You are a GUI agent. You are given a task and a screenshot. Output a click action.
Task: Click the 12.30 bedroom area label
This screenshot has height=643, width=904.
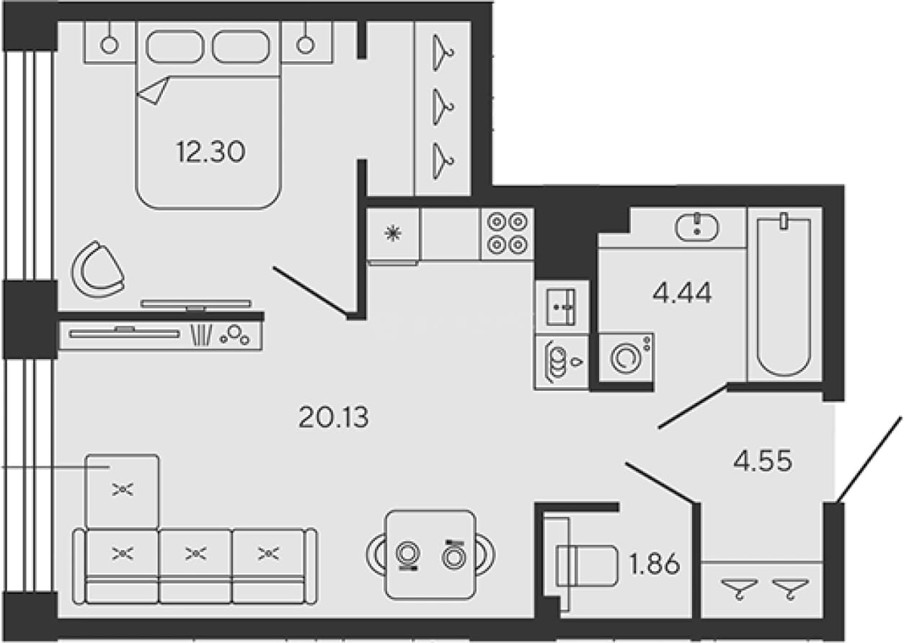point(211,152)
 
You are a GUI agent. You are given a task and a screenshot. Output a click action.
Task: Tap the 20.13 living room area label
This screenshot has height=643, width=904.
point(333,417)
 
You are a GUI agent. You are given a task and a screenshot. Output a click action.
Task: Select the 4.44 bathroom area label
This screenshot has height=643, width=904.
point(682,293)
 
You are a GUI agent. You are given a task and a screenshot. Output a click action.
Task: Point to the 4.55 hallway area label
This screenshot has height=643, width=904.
point(763,461)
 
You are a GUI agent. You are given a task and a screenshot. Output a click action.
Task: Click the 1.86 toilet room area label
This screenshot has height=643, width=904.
point(655,564)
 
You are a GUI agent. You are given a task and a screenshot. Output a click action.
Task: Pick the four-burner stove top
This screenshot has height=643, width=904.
point(508,234)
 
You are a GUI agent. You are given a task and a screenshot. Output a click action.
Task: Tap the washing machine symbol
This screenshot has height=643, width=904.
point(626,358)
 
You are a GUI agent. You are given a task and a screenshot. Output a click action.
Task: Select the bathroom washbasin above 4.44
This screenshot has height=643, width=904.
point(697,228)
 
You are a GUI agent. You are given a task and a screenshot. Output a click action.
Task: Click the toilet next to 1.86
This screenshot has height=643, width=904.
point(581,565)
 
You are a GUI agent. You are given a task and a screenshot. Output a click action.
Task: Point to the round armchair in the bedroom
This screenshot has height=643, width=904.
point(97,270)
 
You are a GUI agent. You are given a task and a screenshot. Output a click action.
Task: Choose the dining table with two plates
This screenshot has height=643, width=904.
point(430,554)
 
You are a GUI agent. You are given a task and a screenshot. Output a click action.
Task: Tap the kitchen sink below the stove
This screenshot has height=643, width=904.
point(561,306)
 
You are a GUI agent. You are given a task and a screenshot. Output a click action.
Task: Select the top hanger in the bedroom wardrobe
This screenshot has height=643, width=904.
point(443,53)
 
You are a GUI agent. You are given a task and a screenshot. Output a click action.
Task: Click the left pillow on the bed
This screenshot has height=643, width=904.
point(174,46)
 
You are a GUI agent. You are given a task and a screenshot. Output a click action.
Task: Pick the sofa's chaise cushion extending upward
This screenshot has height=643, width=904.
point(123,491)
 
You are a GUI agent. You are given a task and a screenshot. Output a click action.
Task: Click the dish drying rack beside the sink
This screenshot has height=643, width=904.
point(562,362)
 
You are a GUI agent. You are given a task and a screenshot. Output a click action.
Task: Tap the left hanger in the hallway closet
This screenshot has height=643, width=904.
point(740,588)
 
